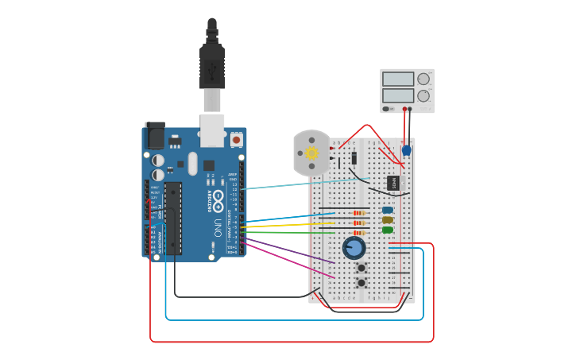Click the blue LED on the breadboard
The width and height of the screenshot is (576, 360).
(x=388, y=211)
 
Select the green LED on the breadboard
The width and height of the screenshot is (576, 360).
(x=388, y=230)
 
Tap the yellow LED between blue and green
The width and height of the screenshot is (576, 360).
(x=388, y=220)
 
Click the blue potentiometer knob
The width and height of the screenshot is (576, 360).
(x=354, y=248)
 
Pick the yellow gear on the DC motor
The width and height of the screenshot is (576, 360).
(x=311, y=153)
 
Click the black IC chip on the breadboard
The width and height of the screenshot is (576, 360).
(x=394, y=183)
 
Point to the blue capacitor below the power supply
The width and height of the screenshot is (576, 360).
(x=407, y=150)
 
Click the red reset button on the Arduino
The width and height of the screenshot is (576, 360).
(x=236, y=140)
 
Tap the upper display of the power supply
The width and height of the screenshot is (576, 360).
(x=398, y=79)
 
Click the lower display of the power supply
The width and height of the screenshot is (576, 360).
(x=398, y=95)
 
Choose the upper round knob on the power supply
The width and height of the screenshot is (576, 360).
(x=423, y=79)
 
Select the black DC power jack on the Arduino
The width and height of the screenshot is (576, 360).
(x=155, y=136)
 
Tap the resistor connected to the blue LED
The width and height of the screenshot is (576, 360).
(x=360, y=212)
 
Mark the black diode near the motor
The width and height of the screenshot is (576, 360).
(x=354, y=157)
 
